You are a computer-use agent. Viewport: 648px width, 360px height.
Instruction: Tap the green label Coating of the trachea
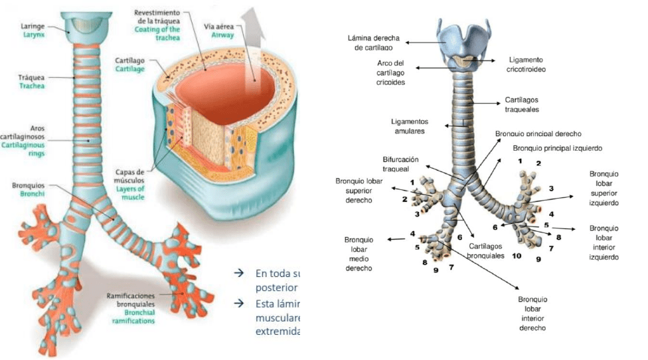click(158, 34)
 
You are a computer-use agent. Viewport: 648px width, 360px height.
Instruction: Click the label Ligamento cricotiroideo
click(526, 64)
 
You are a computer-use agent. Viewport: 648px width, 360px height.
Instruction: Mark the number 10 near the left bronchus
click(516, 256)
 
